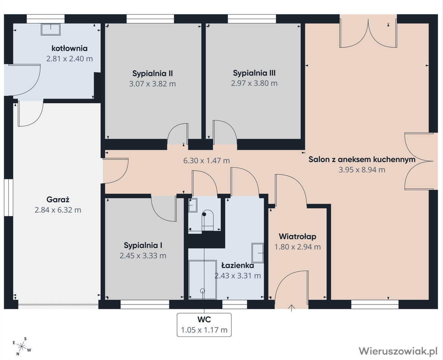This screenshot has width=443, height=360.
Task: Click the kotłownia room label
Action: tap(69, 48)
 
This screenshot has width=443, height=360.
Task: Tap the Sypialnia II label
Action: tap(153, 73)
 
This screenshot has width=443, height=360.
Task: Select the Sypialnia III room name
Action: tap(254, 73)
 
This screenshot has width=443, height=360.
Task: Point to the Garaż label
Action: tap(58, 200)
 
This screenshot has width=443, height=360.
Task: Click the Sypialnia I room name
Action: tap(143, 245)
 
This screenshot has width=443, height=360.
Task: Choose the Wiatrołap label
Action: tap(298, 236)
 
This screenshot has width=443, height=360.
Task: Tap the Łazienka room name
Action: tap(238, 265)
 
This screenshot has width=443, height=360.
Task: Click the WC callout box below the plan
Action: tap(204, 325)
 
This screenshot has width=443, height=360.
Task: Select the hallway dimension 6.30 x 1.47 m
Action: tap(207, 161)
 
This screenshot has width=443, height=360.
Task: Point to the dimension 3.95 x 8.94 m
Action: tap(362, 170)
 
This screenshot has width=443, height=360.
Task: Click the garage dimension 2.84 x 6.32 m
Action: tap(58, 210)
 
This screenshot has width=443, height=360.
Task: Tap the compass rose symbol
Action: tap(22, 346)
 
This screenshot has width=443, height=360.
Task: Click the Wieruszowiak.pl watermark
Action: tap(398, 351)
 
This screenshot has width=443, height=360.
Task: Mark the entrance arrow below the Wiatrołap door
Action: tap(292, 308)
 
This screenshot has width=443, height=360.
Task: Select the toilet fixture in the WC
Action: tap(208, 221)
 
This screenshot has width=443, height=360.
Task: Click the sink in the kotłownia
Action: tap(51, 30)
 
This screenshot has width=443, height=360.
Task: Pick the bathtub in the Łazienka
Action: tap(202, 280)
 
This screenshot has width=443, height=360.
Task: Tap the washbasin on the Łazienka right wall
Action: tap(258, 253)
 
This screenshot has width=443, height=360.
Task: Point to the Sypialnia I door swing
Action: tap(164, 209)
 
